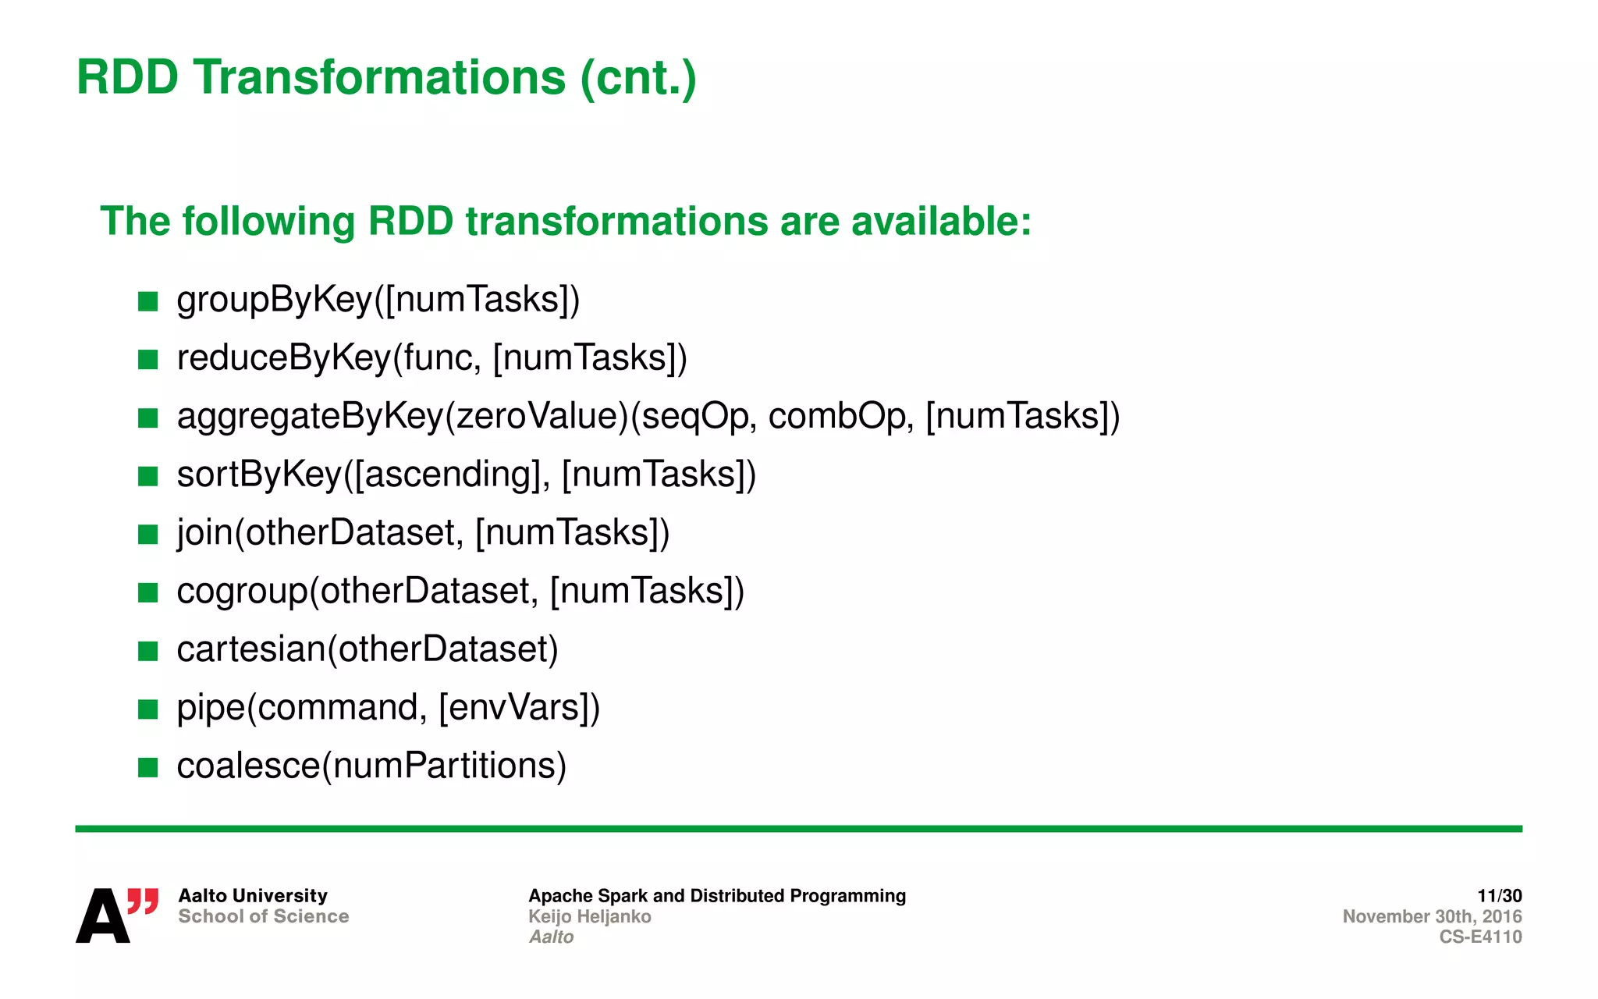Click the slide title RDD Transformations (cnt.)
point(386,78)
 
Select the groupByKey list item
point(378,300)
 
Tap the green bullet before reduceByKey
point(147,359)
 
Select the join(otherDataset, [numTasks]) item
point(423,532)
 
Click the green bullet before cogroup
point(147,592)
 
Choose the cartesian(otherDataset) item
point(368,649)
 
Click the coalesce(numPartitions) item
point(371,766)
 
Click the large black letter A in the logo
point(102,916)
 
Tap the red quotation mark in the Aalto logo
point(143,901)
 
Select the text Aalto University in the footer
point(253,895)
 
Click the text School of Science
point(263,916)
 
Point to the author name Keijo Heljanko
point(589,916)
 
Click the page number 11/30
point(1499,895)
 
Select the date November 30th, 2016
point(1432,916)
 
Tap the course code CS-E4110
point(1480,937)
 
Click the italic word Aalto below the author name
point(551,937)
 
